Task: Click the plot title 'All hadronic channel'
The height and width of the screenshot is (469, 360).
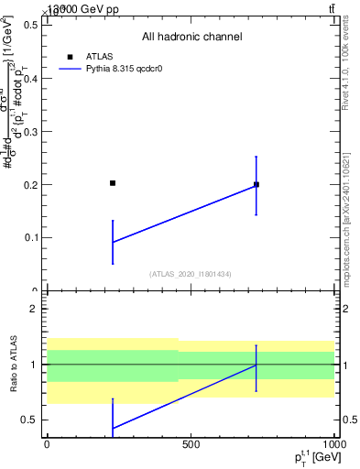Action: coord(191,37)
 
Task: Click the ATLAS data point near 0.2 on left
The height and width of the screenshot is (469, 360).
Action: coord(113,183)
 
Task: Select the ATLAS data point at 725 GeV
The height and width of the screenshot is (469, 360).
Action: coord(256,184)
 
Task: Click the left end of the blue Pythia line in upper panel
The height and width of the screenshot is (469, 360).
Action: coord(113,242)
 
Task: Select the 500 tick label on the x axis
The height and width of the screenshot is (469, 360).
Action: coord(191,444)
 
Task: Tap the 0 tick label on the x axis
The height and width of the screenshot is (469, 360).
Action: coord(47,444)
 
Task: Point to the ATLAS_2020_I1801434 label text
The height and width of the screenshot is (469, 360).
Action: coord(191,274)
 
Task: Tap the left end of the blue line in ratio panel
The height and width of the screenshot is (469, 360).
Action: coord(113,428)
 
